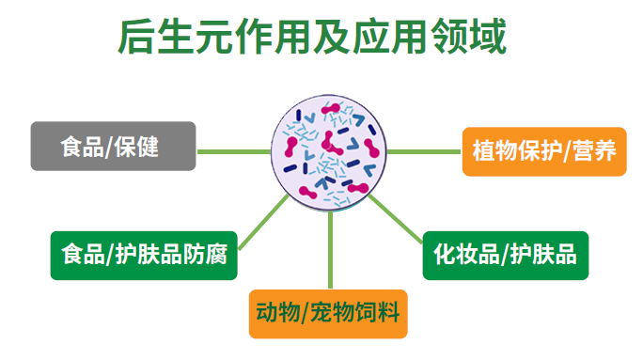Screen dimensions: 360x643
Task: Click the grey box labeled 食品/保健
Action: [113, 147]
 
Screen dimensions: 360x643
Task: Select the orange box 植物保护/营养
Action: [543, 150]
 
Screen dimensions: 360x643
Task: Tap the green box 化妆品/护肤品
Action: [505, 255]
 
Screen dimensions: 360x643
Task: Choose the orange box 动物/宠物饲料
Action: [328, 313]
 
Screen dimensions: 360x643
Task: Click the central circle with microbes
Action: [329, 150]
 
